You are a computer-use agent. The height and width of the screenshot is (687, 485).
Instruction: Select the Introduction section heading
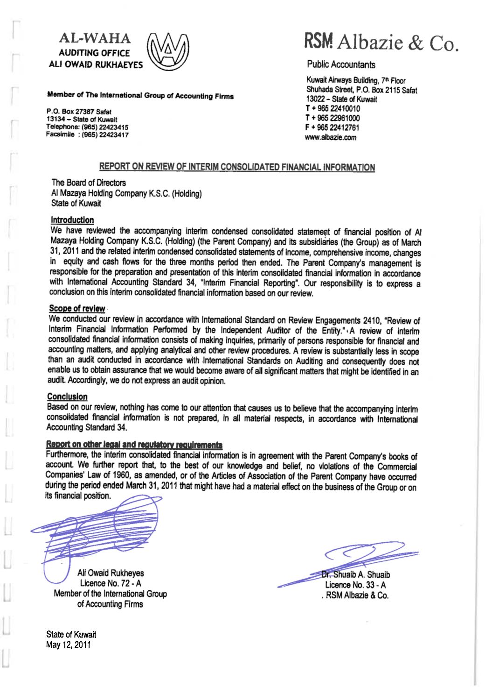click(x=72, y=220)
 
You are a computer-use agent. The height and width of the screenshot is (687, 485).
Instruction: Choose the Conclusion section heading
click(x=68, y=397)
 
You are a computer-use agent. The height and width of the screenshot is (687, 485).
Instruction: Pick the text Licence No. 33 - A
click(x=355, y=585)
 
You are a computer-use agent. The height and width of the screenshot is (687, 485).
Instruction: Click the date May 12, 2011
click(x=69, y=645)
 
